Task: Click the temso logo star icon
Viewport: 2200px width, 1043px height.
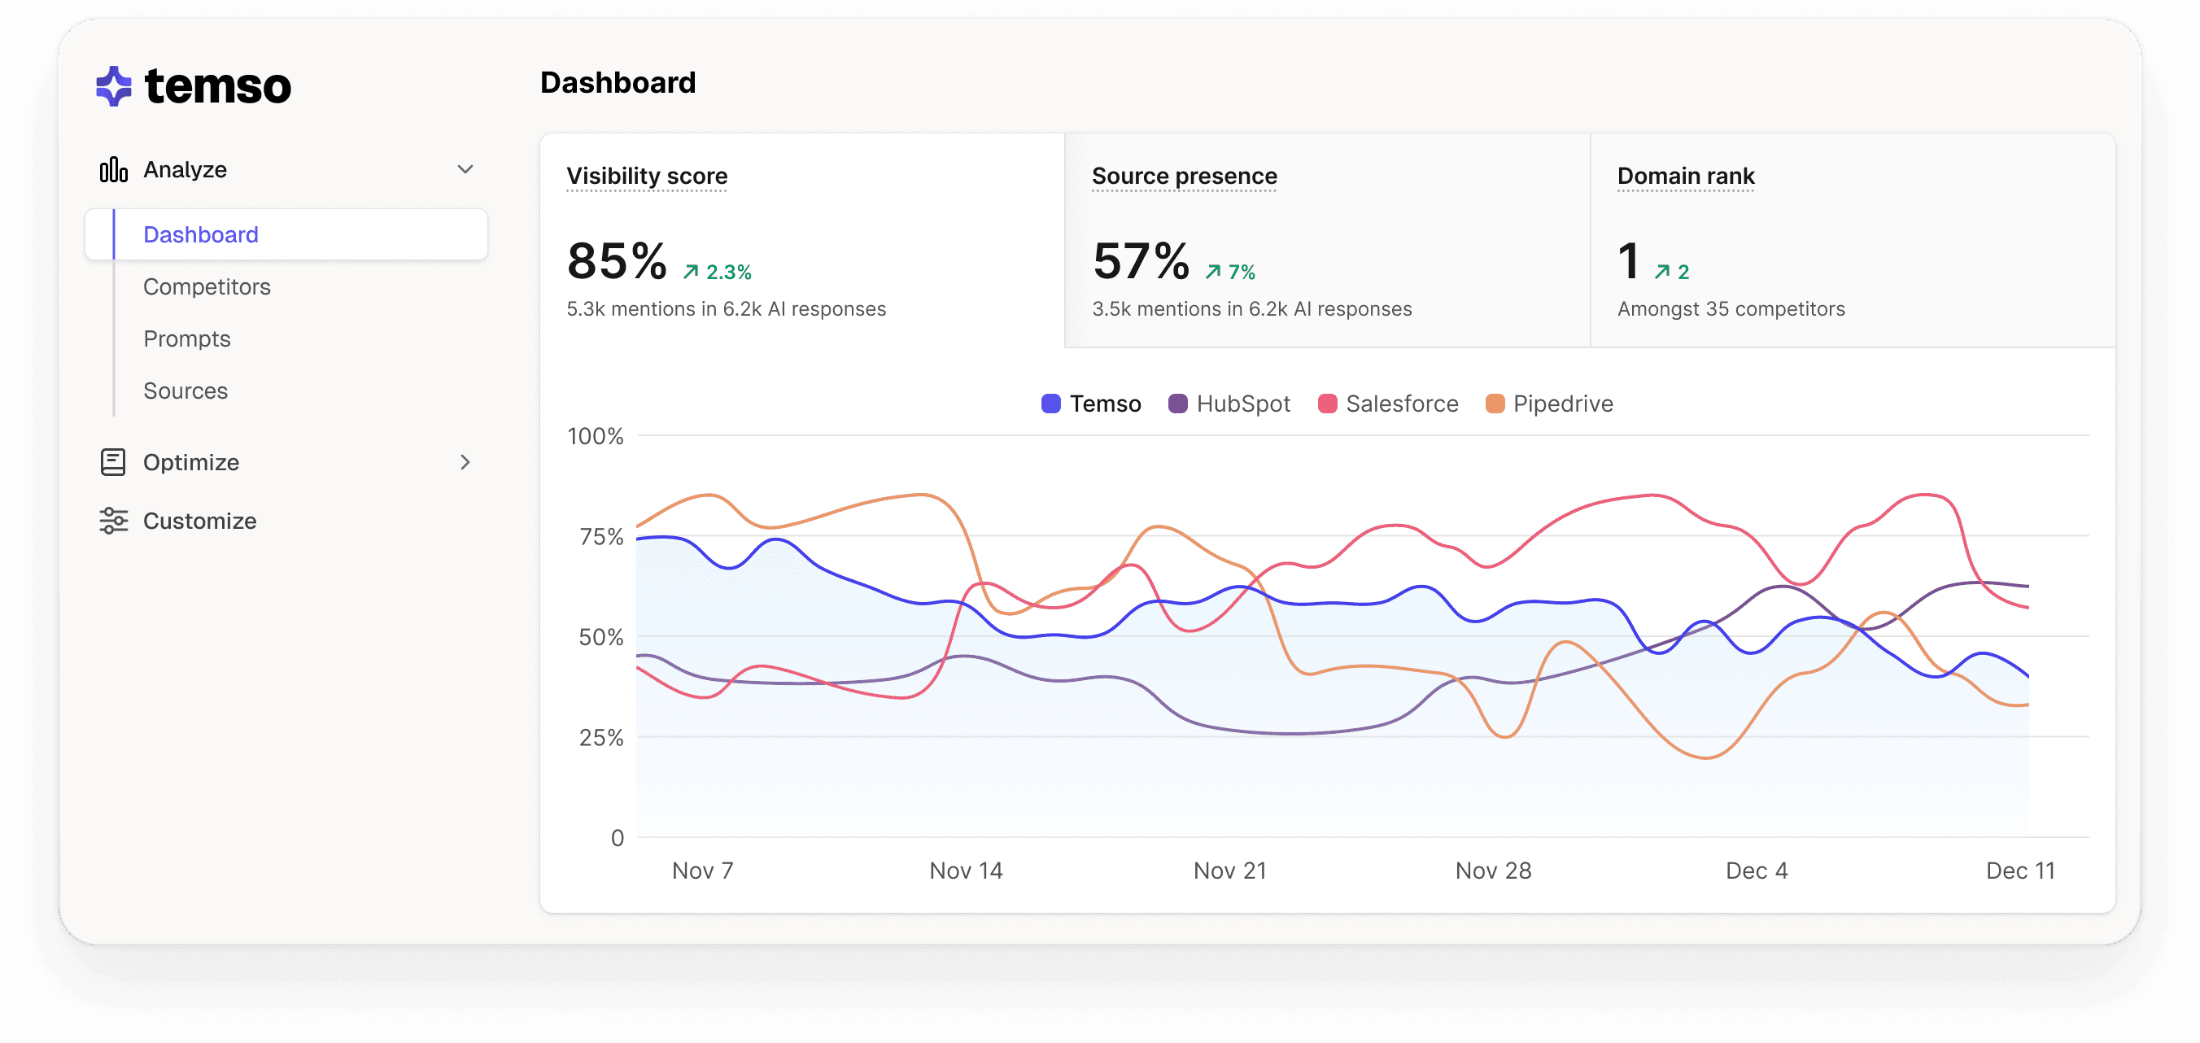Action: (114, 86)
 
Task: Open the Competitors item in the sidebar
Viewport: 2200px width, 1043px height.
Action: (207, 287)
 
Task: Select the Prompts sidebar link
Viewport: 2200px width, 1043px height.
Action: (187, 339)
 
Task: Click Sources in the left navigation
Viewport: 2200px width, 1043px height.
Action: (186, 391)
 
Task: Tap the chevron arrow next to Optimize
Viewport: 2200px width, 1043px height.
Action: (465, 462)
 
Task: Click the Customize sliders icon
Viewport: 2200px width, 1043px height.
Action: (114, 520)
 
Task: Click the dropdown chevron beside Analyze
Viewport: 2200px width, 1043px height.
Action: (465, 169)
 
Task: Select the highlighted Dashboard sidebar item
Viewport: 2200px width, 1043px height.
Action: (201, 235)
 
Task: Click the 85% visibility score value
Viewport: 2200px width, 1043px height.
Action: (617, 261)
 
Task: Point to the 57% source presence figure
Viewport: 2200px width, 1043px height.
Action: (1141, 261)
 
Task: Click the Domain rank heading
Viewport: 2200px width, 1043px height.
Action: (1685, 176)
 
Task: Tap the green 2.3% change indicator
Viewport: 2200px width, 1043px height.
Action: (718, 273)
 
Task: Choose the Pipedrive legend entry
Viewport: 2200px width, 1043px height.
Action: (1549, 404)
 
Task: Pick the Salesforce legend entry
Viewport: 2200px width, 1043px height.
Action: (1388, 404)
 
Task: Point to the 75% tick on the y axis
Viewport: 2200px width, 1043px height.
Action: (601, 536)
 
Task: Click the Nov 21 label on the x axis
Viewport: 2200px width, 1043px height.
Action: (1229, 871)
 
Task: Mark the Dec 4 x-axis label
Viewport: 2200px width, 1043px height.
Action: (1756, 871)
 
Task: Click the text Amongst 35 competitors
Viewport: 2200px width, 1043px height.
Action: (1731, 309)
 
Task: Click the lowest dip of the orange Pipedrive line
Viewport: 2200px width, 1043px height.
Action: (1705, 757)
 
